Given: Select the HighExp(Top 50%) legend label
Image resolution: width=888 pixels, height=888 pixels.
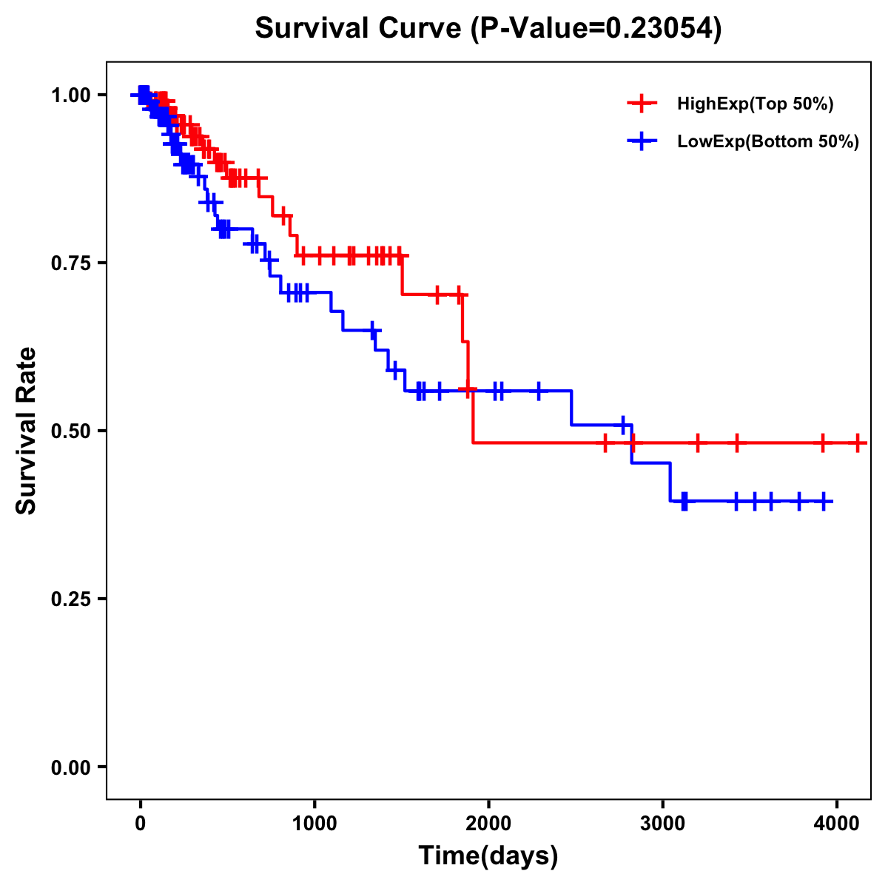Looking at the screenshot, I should [x=755, y=104].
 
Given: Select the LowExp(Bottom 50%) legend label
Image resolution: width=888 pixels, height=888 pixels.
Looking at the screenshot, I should [x=768, y=142].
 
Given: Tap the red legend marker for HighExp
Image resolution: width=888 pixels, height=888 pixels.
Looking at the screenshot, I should [x=642, y=104].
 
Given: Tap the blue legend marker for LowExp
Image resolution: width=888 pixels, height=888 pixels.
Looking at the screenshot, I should [x=642, y=141].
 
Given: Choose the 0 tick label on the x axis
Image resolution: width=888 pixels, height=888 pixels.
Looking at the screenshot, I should [x=140, y=821].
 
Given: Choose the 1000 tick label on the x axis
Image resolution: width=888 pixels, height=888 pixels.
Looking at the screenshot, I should [x=314, y=821].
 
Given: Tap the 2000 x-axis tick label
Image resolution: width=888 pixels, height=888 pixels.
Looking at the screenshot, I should [x=488, y=821].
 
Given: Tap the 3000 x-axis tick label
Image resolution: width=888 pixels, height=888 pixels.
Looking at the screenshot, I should [x=662, y=821].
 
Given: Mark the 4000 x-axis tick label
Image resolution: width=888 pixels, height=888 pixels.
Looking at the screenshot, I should [x=836, y=821].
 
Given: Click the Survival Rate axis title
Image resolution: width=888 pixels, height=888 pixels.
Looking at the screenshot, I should [x=27, y=430].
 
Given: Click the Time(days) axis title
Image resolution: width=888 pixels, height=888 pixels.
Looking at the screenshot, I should [x=488, y=856].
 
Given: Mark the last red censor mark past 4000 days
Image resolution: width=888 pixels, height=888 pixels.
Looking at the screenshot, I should [x=858, y=443].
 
